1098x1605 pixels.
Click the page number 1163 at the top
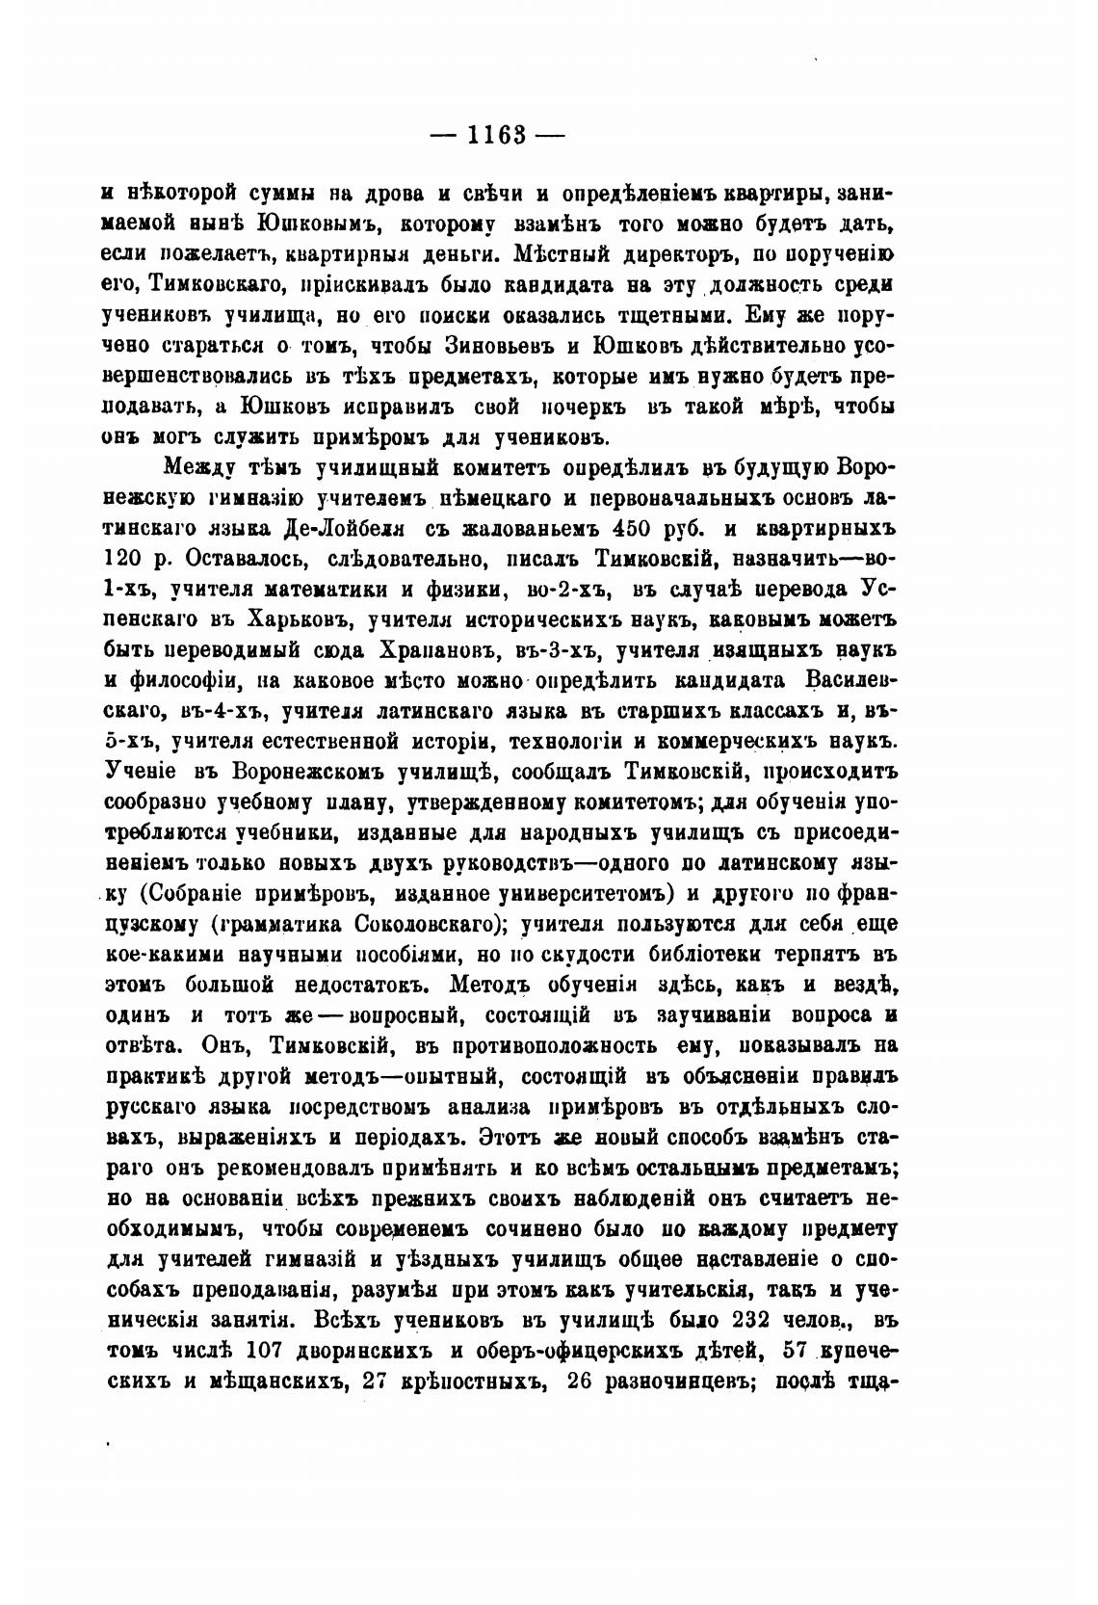[x=496, y=135]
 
